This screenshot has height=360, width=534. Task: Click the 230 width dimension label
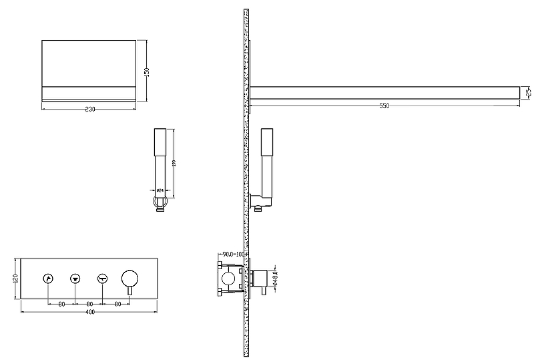pyautogui.click(x=89, y=110)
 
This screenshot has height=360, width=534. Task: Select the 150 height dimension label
pyautogui.click(x=147, y=71)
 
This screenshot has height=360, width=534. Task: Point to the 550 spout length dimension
pyautogui.click(x=384, y=106)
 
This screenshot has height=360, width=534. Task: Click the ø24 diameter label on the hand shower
pyautogui.click(x=160, y=190)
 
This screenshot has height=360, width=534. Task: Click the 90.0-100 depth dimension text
pyautogui.click(x=234, y=254)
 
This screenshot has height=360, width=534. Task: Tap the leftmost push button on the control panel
pyautogui.click(x=48, y=278)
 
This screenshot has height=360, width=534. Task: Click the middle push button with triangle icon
pyautogui.click(x=75, y=278)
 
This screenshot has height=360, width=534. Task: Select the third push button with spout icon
pyautogui.click(x=102, y=278)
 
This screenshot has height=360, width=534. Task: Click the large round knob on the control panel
pyautogui.click(x=129, y=277)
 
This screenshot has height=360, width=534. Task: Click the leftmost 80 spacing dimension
pyautogui.click(x=61, y=304)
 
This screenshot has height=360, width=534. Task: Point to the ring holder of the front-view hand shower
pyautogui.click(x=159, y=202)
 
